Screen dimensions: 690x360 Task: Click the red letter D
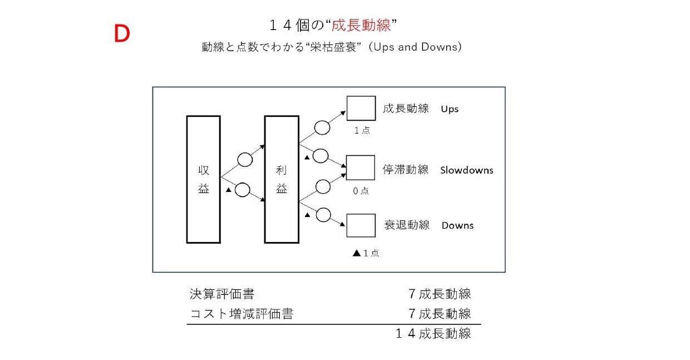[x=122, y=33]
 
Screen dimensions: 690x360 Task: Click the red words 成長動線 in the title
[x=361, y=25]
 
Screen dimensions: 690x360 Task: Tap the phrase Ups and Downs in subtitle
[x=415, y=47]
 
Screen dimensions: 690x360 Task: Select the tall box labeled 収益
[x=203, y=180]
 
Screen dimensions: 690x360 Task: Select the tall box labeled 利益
[x=282, y=180]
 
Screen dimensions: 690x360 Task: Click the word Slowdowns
[x=467, y=170]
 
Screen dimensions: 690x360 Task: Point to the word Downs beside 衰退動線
[x=457, y=225]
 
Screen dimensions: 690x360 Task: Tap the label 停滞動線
[x=405, y=170]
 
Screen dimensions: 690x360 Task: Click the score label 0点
[x=361, y=191]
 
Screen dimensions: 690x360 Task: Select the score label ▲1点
[x=366, y=253]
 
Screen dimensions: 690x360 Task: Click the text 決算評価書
[x=222, y=294]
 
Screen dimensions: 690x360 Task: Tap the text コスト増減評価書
[x=241, y=314]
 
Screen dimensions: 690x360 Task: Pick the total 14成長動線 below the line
[x=433, y=333]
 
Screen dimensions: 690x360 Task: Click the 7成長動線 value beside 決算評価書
[x=440, y=294]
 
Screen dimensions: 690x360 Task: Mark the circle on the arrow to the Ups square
[x=322, y=128]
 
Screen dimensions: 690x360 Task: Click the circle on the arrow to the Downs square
[x=323, y=215]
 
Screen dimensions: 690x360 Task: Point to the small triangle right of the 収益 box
[x=228, y=190]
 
